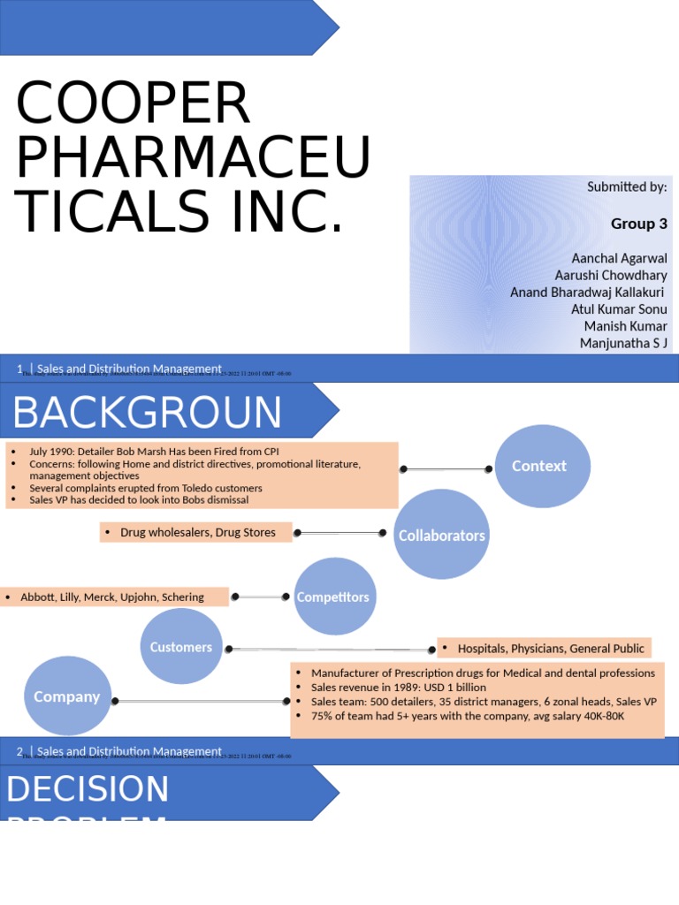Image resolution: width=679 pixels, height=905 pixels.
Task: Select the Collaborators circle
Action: [x=441, y=535]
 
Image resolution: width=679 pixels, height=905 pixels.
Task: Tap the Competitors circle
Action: [x=333, y=597]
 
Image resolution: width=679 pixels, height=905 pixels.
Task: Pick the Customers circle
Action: [x=181, y=647]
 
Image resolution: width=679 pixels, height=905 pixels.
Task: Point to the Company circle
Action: [x=67, y=696]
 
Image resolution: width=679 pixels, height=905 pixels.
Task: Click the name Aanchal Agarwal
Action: [x=619, y=258]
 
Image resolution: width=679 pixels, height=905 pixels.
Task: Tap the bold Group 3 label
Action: [x=638, y=224]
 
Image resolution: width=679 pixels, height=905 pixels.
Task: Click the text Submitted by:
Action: [x=627, y=186]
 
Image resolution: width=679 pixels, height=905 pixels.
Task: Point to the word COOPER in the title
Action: [x=133, y=103]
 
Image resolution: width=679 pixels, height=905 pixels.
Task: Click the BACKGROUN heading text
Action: [x=147, y=413]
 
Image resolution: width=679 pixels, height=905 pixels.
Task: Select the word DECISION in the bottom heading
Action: [x=88, y=789]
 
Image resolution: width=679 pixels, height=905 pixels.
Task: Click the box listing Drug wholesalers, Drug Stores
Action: [x=196, y=532]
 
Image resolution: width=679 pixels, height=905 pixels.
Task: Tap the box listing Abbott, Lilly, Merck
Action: [x=115, y=597]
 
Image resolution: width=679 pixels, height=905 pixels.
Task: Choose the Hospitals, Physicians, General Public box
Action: [x=544, y=648]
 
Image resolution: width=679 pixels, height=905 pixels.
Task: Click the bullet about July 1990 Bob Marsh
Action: [x=154, y=452]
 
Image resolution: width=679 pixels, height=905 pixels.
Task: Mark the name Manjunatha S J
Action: [x=623, y=343]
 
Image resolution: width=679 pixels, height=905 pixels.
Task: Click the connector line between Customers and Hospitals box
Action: [x=331, y=650]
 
